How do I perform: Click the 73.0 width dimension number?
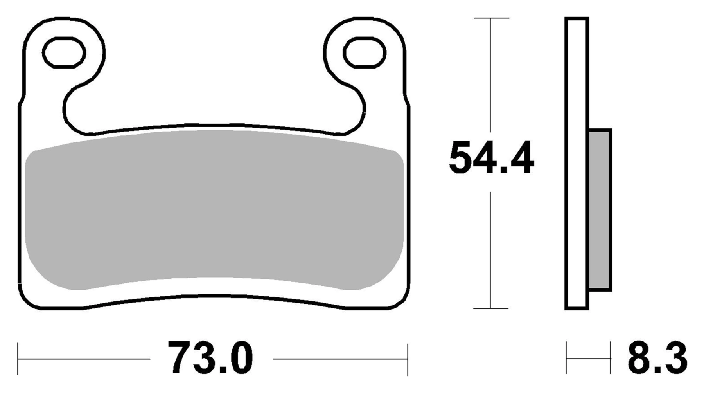210,358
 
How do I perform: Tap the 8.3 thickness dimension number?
657,359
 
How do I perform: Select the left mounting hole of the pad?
64,52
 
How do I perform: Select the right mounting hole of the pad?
364,52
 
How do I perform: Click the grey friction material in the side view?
600,209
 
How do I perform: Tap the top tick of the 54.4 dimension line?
491,18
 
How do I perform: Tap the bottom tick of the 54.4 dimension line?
491,308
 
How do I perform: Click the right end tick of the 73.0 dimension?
408,359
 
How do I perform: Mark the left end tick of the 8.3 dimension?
567,358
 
